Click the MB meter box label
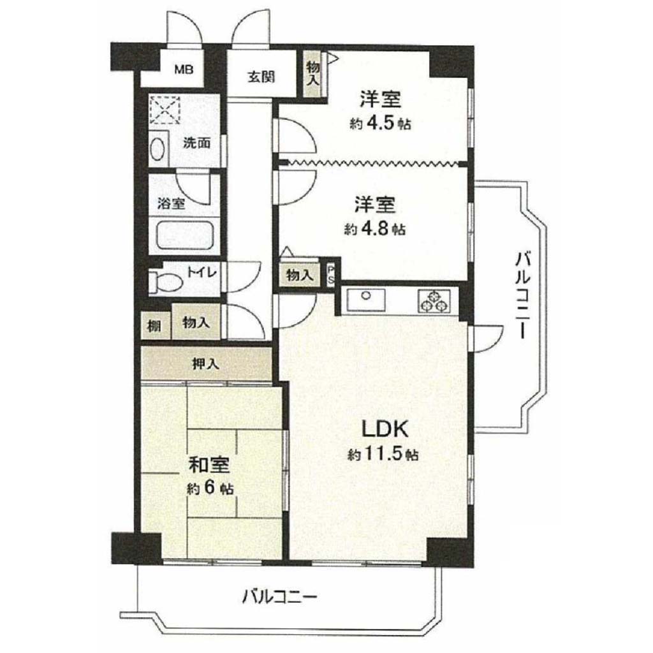coord(184,70)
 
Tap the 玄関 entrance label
coord(261,77)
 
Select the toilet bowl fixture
coord(166,281)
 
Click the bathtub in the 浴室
coord(184,236)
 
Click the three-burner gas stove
coord(434,301)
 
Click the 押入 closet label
coord(205,364)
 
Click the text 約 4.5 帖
coord(380,124)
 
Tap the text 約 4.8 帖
coord(375,229)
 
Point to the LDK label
coord(385,429)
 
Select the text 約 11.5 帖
coord(383,454)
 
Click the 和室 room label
coord(209,465)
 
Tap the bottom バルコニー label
coord(280,598)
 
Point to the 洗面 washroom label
coord(197,143)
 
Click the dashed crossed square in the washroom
coord(165,110)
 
